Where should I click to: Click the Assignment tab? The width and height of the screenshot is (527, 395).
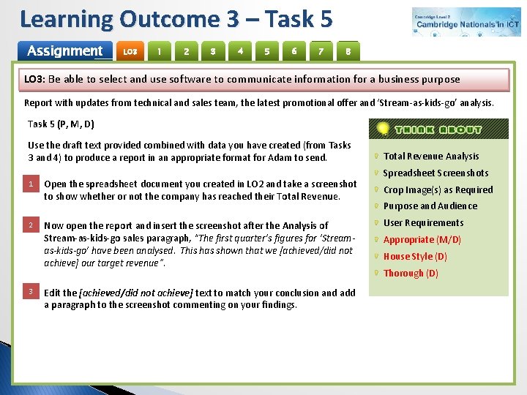tap(64, 50)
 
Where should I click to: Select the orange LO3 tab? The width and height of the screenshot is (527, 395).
tap(130, 51)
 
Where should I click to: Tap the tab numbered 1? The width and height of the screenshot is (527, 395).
tap(159, 51)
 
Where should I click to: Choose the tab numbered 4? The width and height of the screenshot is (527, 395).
tap(240, 51)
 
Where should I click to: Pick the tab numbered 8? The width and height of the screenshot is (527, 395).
tap(348, 51)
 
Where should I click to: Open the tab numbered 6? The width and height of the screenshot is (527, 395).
tap(294, 51)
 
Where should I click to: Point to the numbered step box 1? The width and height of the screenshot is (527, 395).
tap(31, 184)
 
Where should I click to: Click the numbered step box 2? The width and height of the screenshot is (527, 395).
tap(31, 225)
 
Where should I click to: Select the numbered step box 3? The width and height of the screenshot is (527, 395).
tap(31, 292)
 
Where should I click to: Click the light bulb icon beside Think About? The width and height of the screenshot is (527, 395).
tap(382, 129)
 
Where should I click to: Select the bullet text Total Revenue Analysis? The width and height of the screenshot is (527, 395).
tap(431, 156)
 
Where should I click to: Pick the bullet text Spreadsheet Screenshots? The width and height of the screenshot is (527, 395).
tap(436, 173)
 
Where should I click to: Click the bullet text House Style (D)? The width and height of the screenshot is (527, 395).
tap(415, 256)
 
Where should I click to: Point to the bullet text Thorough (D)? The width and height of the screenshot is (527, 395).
tap(411, 273)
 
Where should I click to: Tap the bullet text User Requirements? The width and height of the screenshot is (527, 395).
tap(423, 222)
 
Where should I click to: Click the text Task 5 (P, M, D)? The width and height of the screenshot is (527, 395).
tap(61, 124)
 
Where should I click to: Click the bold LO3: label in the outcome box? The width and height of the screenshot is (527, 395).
tap(34, 79)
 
